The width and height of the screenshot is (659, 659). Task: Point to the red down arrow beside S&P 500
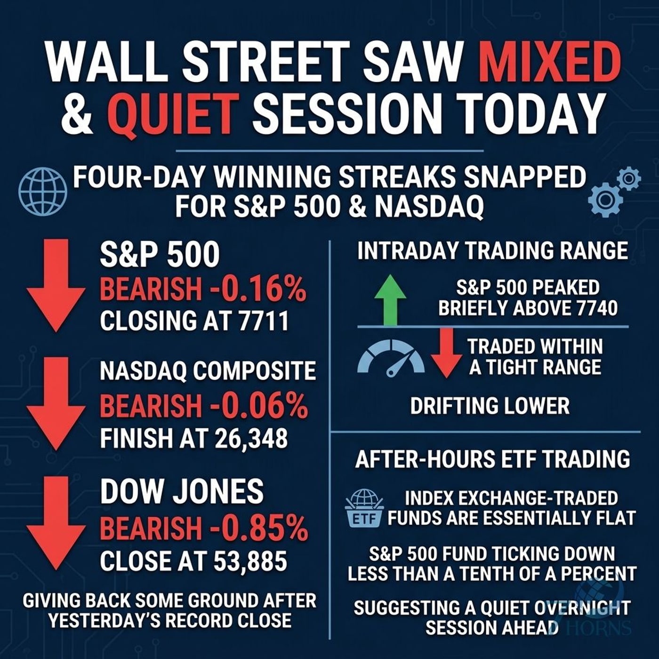pos(56,286)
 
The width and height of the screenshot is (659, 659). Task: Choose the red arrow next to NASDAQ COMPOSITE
pos(56,403)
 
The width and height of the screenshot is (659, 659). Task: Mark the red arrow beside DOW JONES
pos(56,522)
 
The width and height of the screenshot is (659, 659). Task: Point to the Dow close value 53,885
pos(250,560)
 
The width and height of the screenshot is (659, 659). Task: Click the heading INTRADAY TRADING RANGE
pos(492,251)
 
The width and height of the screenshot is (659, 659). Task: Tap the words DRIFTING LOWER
pos(490,406)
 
